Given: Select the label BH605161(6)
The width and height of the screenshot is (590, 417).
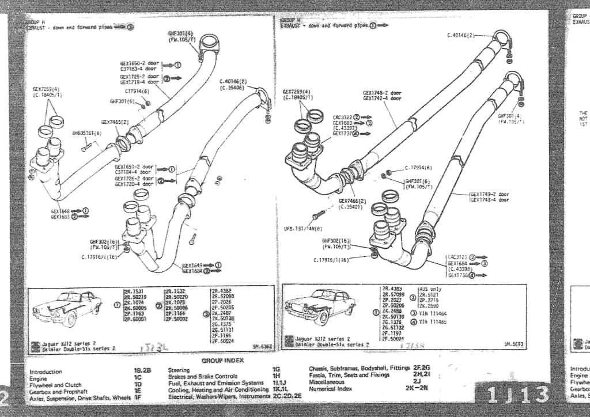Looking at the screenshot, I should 86,133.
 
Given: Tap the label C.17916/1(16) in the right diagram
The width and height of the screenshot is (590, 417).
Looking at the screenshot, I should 331,260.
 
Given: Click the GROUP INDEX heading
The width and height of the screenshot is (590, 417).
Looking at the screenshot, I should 222,361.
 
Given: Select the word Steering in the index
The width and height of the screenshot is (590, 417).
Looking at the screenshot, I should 180,370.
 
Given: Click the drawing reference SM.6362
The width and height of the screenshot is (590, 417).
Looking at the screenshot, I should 263,347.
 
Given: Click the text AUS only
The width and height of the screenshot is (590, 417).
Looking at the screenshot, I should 431,289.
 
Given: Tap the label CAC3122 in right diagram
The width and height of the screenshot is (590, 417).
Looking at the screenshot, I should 342,117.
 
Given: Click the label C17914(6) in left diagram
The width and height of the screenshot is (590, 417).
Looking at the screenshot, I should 137,91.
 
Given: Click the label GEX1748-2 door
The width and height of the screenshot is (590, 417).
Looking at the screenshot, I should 382,92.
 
